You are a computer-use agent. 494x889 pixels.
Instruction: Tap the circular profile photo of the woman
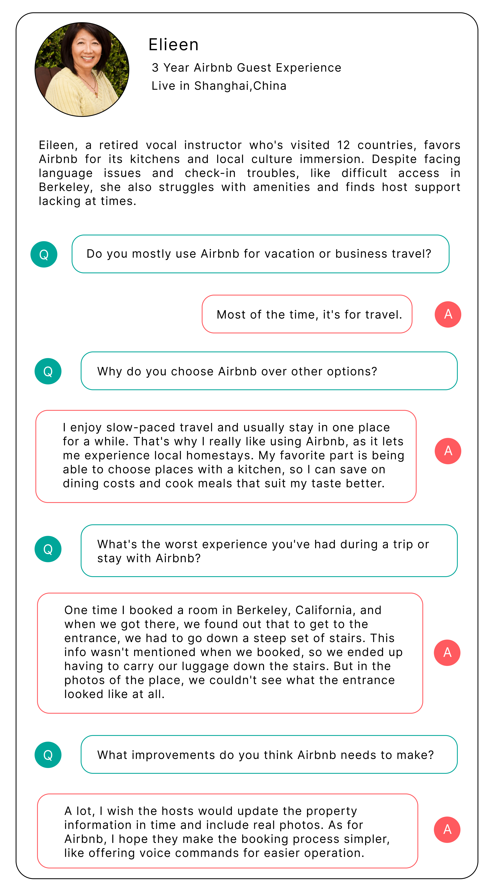82,69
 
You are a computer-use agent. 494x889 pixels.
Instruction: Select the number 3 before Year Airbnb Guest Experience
155,68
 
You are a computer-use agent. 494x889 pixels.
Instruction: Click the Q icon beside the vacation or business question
44,254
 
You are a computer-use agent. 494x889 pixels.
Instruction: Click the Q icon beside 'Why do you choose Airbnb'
48,371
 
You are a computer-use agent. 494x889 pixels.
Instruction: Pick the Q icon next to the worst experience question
48,549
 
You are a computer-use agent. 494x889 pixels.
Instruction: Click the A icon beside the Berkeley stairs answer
447,652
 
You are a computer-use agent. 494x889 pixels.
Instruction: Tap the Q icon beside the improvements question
48,755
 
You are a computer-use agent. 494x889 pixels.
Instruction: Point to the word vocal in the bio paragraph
161,145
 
